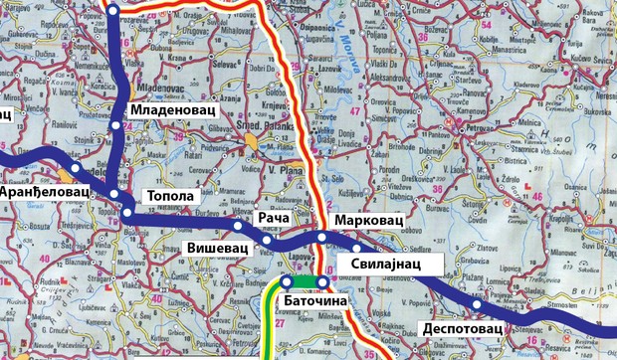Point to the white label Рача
point(273,217)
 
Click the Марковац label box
point(367,218)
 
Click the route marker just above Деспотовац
point(477,304)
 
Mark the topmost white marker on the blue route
point(112,10)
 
